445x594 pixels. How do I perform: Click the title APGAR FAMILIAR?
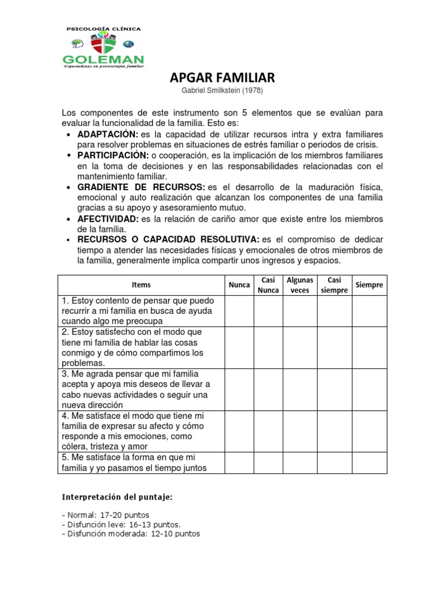coord(222,78)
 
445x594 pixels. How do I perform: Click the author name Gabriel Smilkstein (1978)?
coord(222,91)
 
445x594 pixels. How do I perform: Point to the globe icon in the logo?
coord(128,44)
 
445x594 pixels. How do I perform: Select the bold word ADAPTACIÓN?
coord(108,135)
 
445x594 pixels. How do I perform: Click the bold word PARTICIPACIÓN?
coord(112,155)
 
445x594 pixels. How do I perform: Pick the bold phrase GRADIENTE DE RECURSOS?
coord(141,187)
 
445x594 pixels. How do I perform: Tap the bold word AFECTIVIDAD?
coord(108,219)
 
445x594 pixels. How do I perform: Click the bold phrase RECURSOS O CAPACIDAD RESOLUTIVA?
coord(169,240)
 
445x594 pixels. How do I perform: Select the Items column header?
coord(141,285)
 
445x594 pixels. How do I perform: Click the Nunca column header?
coord(239,285)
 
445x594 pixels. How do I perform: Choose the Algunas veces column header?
coord(300,285)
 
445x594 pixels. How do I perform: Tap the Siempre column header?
coord(369,285)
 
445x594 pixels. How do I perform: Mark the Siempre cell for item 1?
coord(369,311)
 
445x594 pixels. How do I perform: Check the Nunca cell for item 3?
coord(239,389)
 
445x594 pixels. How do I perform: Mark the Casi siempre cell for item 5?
coord(334,463)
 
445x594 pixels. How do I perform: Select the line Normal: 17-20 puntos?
coord(105,515)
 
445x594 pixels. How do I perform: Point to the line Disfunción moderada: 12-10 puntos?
coord(130,534)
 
